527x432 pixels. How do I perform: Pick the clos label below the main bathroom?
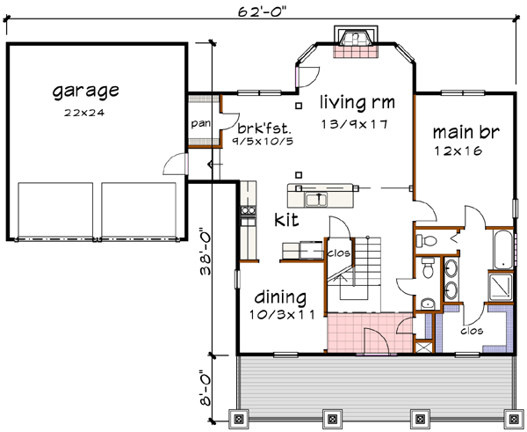click(x=472, y=333)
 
